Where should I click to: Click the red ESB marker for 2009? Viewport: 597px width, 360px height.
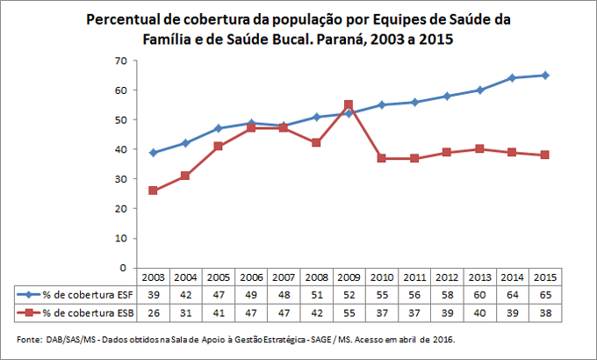349,104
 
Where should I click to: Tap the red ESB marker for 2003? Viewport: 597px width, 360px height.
155,191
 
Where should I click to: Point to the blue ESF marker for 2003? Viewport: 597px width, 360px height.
155,152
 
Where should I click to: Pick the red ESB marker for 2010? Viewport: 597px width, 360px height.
380,158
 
